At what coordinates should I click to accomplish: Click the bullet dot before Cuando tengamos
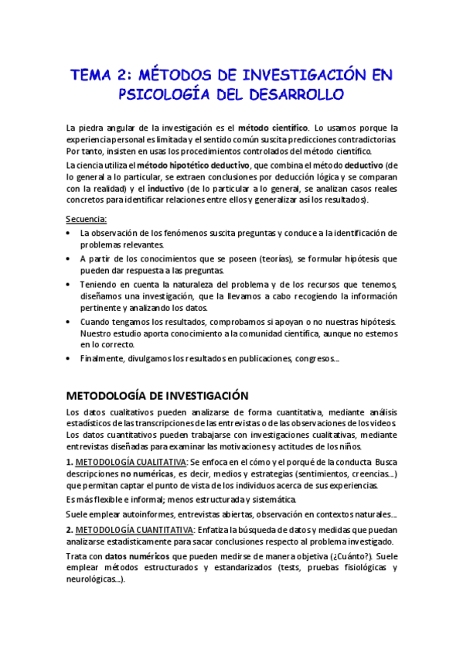tap(70, 321)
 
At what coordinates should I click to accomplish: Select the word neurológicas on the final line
tap(94, 580)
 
